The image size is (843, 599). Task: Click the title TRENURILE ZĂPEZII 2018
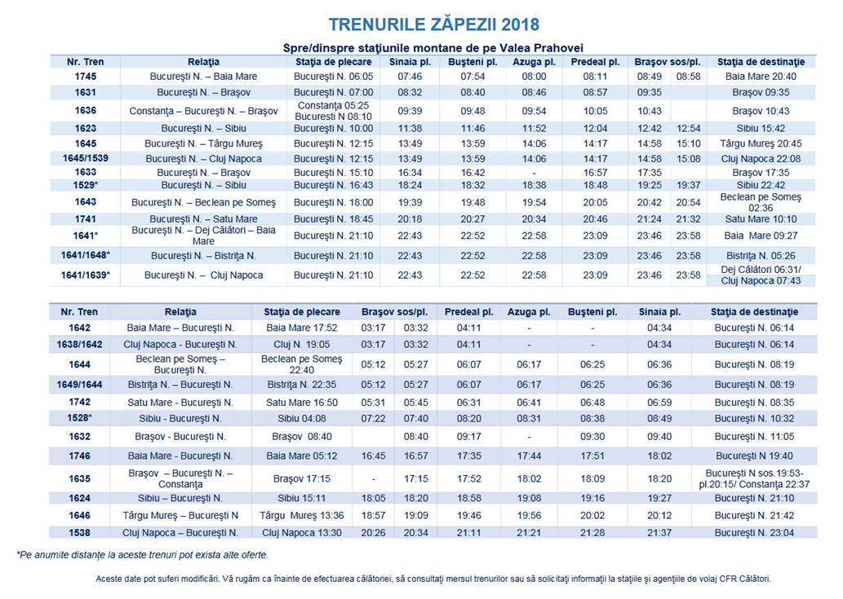[x=433, y=24]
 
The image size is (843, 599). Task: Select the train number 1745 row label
[x=85, y=76]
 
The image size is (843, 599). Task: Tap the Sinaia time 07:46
[x=410, y=76]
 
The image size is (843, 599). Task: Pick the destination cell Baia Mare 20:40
[x=761, y=76]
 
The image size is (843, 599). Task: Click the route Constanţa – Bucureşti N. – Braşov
[x=203, y=111]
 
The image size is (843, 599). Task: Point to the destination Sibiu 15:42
[x=761, y=128]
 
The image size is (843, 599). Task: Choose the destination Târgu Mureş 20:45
[x=761, y=143]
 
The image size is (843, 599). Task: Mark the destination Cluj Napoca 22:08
[x=761, y=158]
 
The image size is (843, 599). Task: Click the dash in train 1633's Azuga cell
[x=534, y=173]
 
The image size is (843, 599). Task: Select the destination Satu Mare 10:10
[x=761, y=218]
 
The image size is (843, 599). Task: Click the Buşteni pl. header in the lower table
[x=592, y=312]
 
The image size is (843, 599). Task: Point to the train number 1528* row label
[x=79, y=418]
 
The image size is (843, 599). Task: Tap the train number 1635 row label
[x=79, y=478]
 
